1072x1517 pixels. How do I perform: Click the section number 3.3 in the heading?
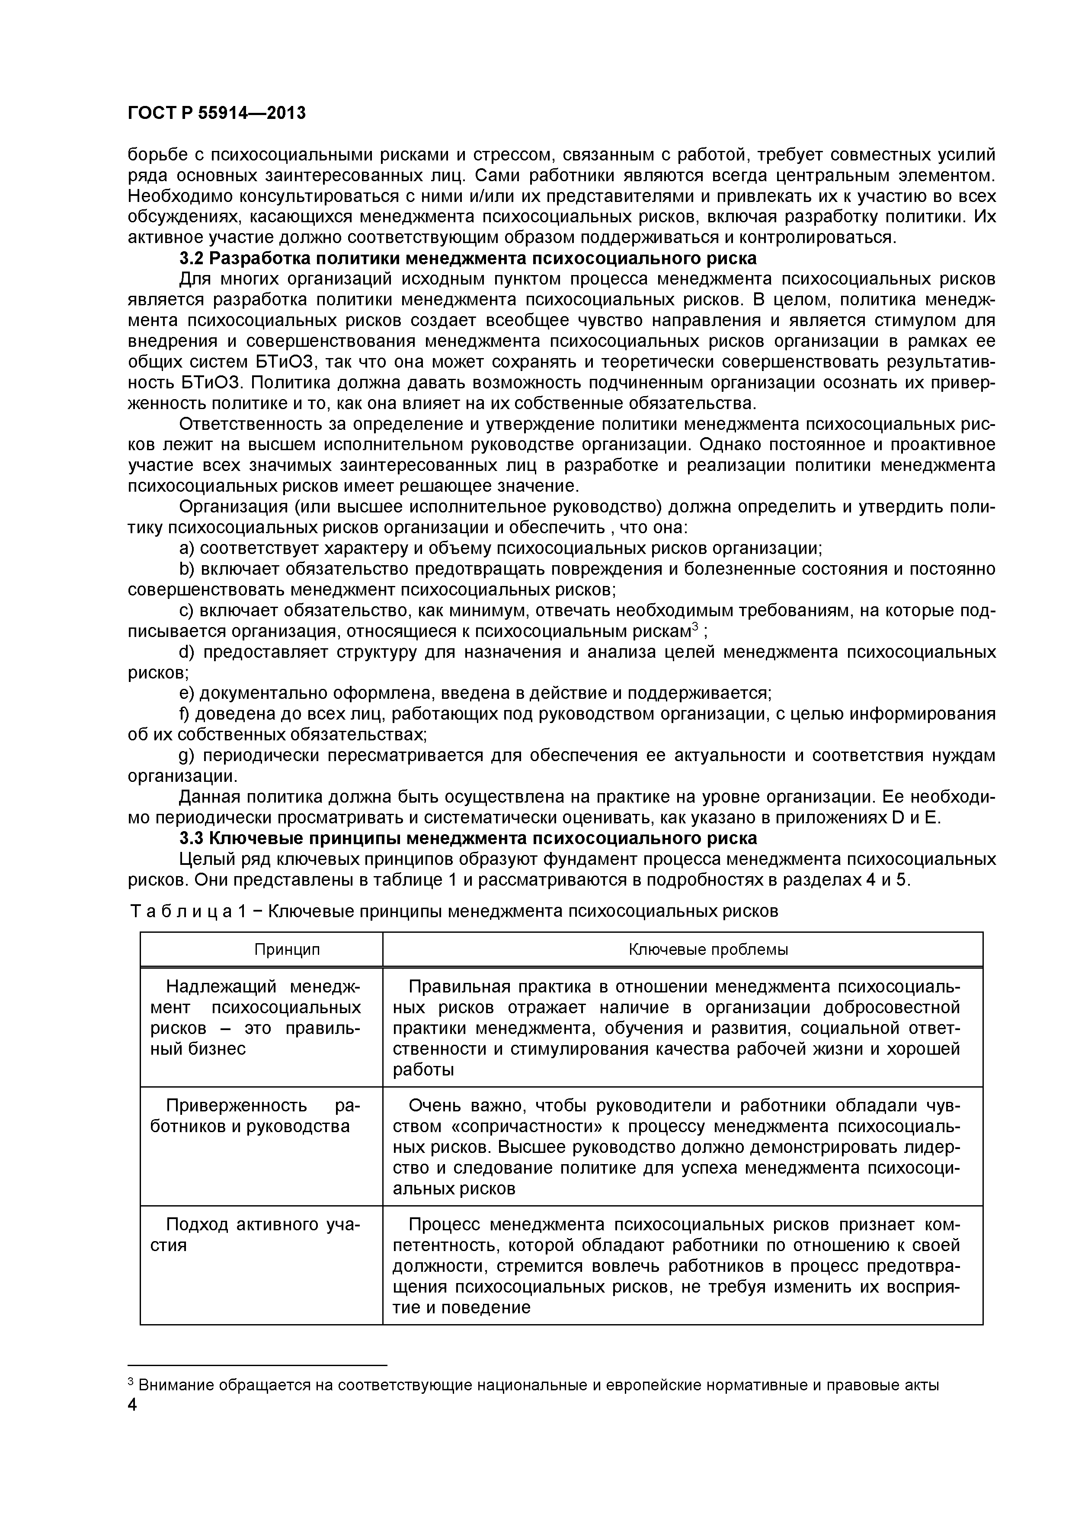coord(194,839)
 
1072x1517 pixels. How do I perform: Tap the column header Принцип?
coord(287,950)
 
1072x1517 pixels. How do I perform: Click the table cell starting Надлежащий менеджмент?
coord(262,1018)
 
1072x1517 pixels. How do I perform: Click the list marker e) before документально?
coord(187,693)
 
